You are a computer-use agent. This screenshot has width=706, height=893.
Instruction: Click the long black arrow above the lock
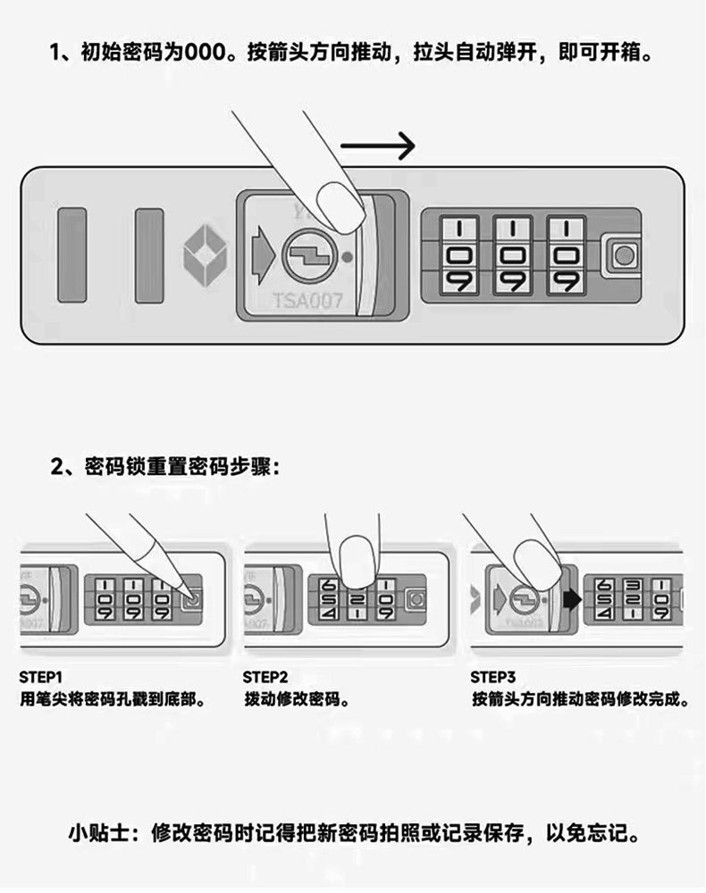pos(378,146)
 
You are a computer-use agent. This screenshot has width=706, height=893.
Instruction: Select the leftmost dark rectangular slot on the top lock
pos(71,255)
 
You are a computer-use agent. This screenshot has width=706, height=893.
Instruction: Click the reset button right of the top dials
pos(622,257)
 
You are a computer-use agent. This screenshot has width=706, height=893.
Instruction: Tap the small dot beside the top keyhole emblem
pos(347,258)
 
